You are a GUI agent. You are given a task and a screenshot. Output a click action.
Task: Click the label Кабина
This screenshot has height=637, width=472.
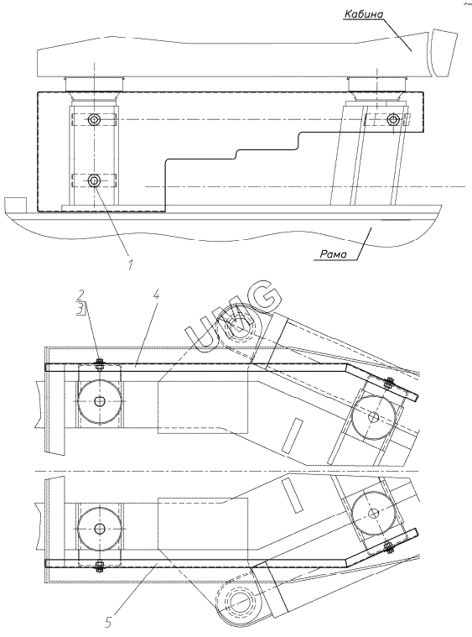364,14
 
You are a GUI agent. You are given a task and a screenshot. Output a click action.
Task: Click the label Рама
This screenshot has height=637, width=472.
334,254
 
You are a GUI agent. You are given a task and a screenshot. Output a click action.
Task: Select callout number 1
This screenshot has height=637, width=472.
130,265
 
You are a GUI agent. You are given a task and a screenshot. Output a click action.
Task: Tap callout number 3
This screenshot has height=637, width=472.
80,310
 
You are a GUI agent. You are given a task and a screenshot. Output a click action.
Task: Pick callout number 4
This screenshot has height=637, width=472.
156,295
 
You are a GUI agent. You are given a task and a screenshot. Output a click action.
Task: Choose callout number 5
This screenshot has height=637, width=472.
108,623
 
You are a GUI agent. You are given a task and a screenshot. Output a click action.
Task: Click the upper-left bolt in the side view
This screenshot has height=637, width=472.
94,119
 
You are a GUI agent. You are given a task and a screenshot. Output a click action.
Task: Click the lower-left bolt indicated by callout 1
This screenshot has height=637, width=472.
94,180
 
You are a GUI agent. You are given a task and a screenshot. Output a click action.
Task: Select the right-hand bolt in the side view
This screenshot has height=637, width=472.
392,119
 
